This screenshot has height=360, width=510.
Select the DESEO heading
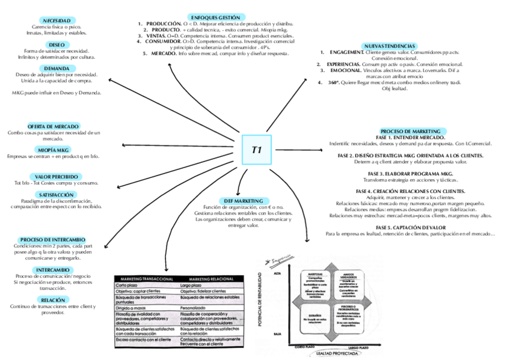point(57,44)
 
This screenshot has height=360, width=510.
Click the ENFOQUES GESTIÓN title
point(214,17)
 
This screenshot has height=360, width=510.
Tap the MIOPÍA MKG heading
point(54,150)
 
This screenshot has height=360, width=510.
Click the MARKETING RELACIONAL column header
point(210,279)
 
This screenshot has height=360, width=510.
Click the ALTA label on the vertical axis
point(277,274)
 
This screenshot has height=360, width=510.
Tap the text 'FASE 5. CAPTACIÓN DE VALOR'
point(410,227)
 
